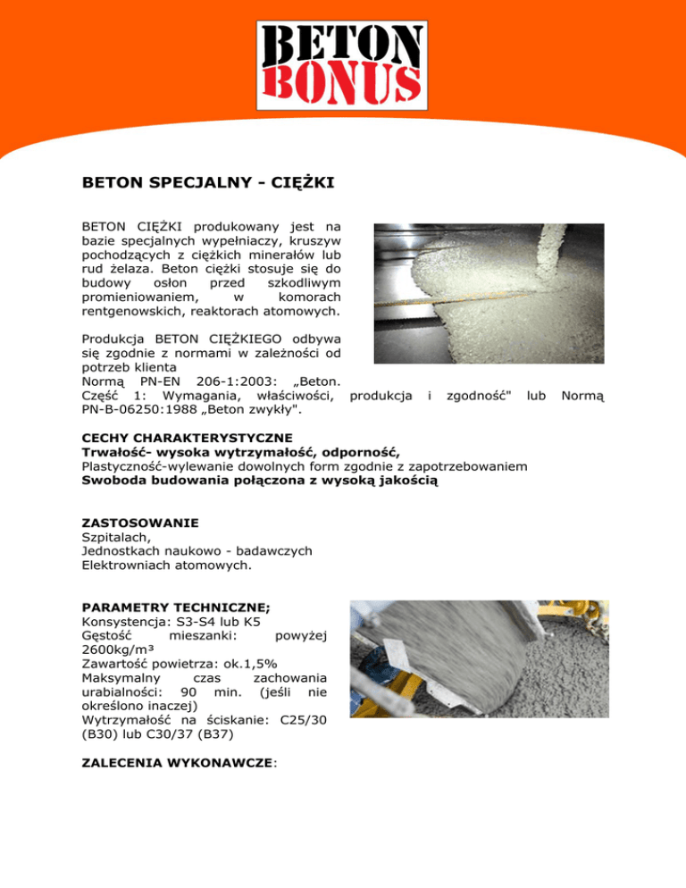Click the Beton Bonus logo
(341, 62)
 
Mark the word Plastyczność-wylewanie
(156, 465)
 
